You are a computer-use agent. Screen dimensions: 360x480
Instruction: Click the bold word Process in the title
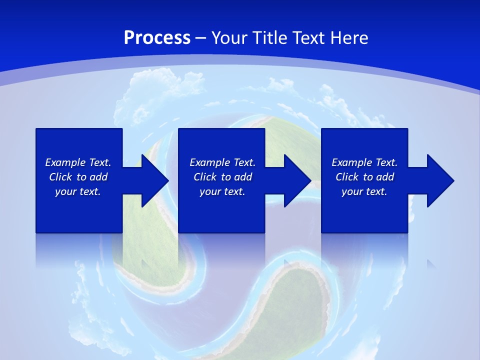(x=157, y=38)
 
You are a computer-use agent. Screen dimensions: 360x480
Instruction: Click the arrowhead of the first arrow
(x=155, y=180)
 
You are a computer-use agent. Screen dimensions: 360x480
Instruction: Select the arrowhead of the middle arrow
(x=298, y=180)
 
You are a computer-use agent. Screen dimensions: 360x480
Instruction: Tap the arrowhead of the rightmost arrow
(x=440, y=180)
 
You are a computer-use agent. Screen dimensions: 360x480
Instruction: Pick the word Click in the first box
(x=61, y=177)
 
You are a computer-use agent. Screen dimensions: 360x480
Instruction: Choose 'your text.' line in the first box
(x=78, y=191)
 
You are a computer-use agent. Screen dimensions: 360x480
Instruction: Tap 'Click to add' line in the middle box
(x=222, y=177)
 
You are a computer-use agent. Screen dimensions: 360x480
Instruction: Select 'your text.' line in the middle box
(x=222, y=191)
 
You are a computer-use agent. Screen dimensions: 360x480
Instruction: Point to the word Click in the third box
(x=347, y=177)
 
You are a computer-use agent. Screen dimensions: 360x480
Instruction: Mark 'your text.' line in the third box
(x=364, y=191)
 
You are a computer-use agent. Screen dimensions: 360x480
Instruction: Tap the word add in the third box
(x=385, y=177)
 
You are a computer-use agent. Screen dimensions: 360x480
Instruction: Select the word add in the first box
(x=98, y=177)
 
